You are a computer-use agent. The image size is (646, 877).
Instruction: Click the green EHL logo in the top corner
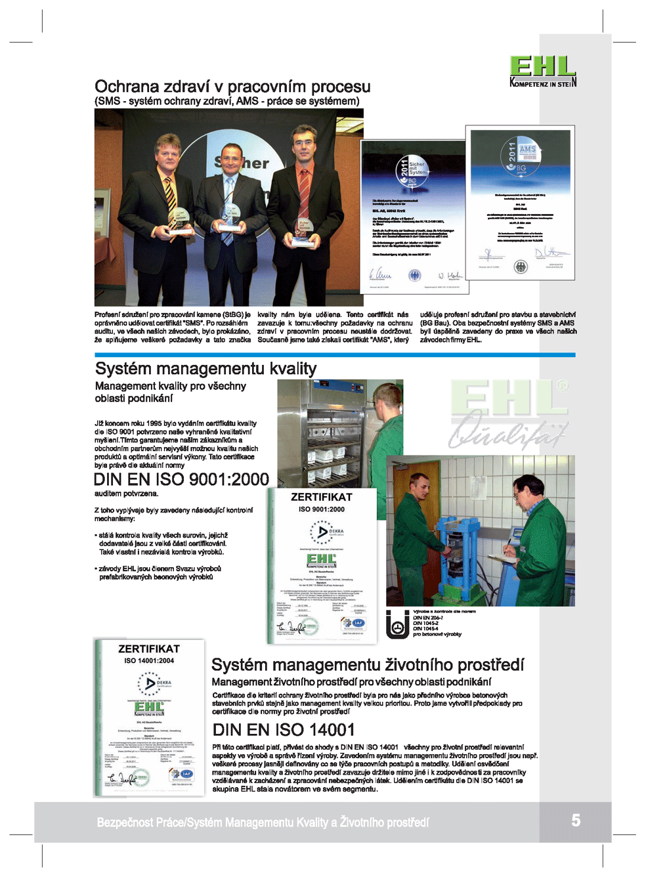pos(542,71)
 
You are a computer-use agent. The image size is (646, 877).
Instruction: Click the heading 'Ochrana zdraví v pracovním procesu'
pos(232,87)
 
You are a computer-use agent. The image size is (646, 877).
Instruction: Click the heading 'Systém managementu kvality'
pos(205,368)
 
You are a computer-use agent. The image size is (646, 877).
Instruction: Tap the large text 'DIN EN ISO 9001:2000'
pos(181,479)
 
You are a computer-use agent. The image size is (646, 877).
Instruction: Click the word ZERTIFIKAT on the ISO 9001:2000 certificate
pos(321,497)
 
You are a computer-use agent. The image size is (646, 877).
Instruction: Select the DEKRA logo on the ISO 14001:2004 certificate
pos(150,684)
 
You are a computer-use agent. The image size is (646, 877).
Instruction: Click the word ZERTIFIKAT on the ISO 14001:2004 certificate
pos(149,649)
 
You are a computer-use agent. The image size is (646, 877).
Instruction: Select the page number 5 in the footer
pos(575,820)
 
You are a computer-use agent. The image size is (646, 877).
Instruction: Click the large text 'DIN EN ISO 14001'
pos(284,729)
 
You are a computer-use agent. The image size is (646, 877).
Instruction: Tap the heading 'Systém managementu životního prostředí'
pos(368,665)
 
